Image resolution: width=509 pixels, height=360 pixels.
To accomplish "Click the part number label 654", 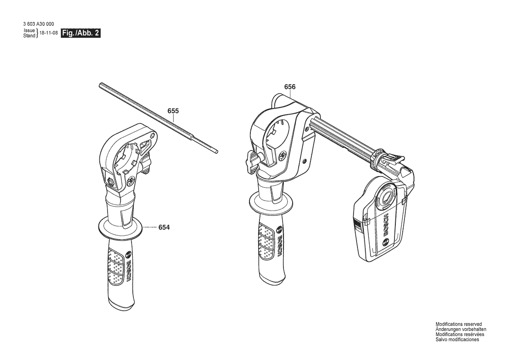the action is (164, 228).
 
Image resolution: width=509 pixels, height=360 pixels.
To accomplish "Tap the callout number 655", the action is (173, 111).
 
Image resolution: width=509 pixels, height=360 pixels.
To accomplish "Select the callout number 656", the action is (290, 87).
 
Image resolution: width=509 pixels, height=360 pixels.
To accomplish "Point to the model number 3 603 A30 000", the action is (39, 24).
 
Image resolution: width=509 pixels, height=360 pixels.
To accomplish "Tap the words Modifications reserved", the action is (458, 324).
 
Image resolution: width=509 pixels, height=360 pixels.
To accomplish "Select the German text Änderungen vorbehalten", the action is (461, 329).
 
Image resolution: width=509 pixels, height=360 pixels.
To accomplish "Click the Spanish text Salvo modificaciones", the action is (457, 340).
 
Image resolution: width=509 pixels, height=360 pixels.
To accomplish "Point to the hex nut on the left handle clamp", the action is (110, 181).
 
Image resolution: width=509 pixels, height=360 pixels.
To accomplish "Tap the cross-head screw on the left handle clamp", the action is (131, 180).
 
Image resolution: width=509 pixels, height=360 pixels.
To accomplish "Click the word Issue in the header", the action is (29, 31).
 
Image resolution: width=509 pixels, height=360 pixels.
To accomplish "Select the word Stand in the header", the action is (29, 36).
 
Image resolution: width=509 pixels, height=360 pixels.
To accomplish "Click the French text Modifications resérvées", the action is (460, 334).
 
